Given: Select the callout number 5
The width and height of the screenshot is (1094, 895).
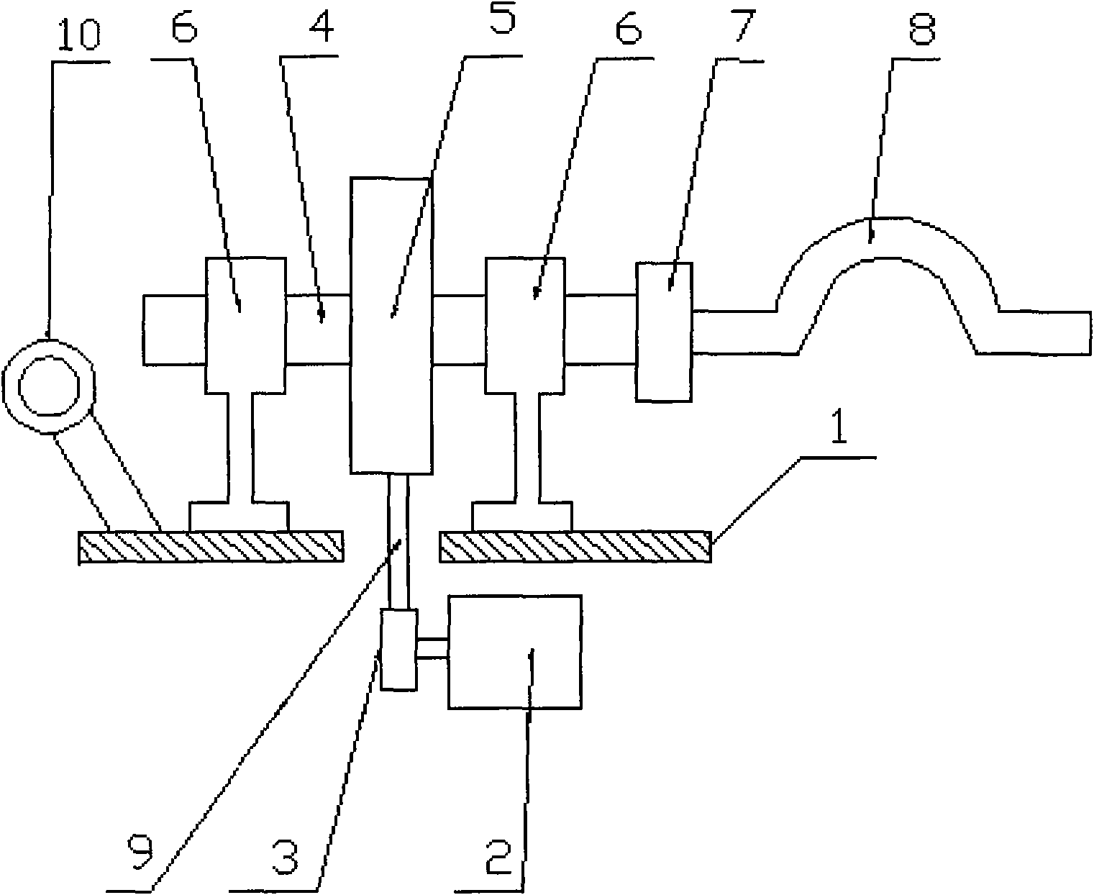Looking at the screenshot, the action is [501, 17].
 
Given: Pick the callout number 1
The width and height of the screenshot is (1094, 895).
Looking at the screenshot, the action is [839, 425].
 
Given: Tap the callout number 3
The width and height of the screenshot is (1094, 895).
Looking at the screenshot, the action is [285, 856].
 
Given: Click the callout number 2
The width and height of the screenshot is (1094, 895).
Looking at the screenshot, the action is [498, 856].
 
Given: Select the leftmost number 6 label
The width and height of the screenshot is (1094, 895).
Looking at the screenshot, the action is [184, 25].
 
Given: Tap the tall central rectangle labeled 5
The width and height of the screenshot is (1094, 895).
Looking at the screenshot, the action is [391, 325].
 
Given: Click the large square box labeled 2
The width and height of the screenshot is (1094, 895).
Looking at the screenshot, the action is [514, 652].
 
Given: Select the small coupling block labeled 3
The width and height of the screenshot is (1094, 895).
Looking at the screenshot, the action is [399, 649].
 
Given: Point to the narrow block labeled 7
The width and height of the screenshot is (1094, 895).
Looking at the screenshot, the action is [665, 332].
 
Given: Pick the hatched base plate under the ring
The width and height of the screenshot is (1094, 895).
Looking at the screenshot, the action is [211, 546].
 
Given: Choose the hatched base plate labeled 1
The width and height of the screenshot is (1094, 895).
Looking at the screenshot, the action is [575, 546].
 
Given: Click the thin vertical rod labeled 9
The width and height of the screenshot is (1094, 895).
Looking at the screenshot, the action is [398, 541].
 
